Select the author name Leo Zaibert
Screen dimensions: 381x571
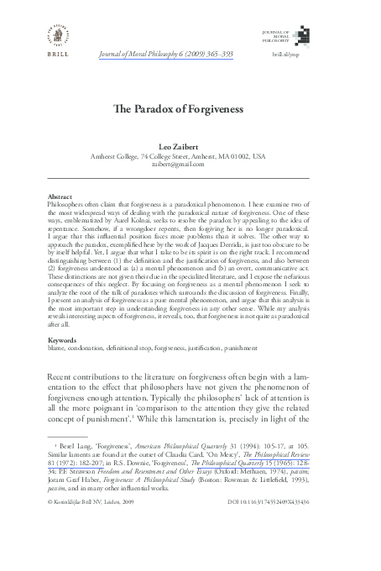pos(190,147)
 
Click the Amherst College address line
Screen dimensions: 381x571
pos(190,156)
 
